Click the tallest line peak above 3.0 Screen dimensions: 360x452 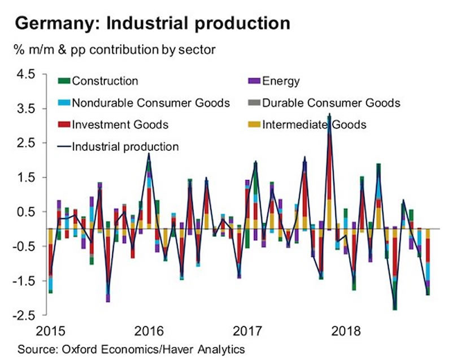[329, 115]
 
